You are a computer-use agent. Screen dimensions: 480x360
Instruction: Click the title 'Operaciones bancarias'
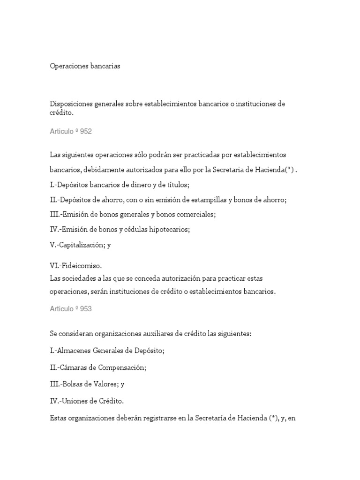point(85,67)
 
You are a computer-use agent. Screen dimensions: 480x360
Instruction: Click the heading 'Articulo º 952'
point(71,132)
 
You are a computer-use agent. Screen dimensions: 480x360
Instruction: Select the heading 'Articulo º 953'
point(71,308)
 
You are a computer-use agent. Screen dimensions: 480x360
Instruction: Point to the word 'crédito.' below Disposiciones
point(62,113)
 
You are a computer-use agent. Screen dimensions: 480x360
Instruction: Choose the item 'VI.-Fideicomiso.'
point(75,266)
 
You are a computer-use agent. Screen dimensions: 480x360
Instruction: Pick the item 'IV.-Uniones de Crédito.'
point(85,401)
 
